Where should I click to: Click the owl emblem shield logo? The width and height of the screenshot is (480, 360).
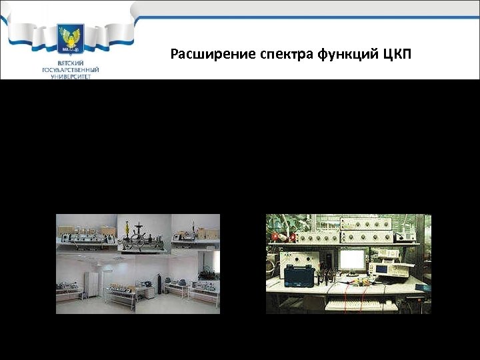point(71,39)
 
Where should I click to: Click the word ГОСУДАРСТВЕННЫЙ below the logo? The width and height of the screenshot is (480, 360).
point(71,69)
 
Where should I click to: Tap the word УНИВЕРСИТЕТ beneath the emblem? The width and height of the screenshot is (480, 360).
point(71,76)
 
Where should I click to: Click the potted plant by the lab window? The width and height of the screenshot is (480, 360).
point(208,273)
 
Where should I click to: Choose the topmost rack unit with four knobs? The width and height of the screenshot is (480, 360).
point(383,223)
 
